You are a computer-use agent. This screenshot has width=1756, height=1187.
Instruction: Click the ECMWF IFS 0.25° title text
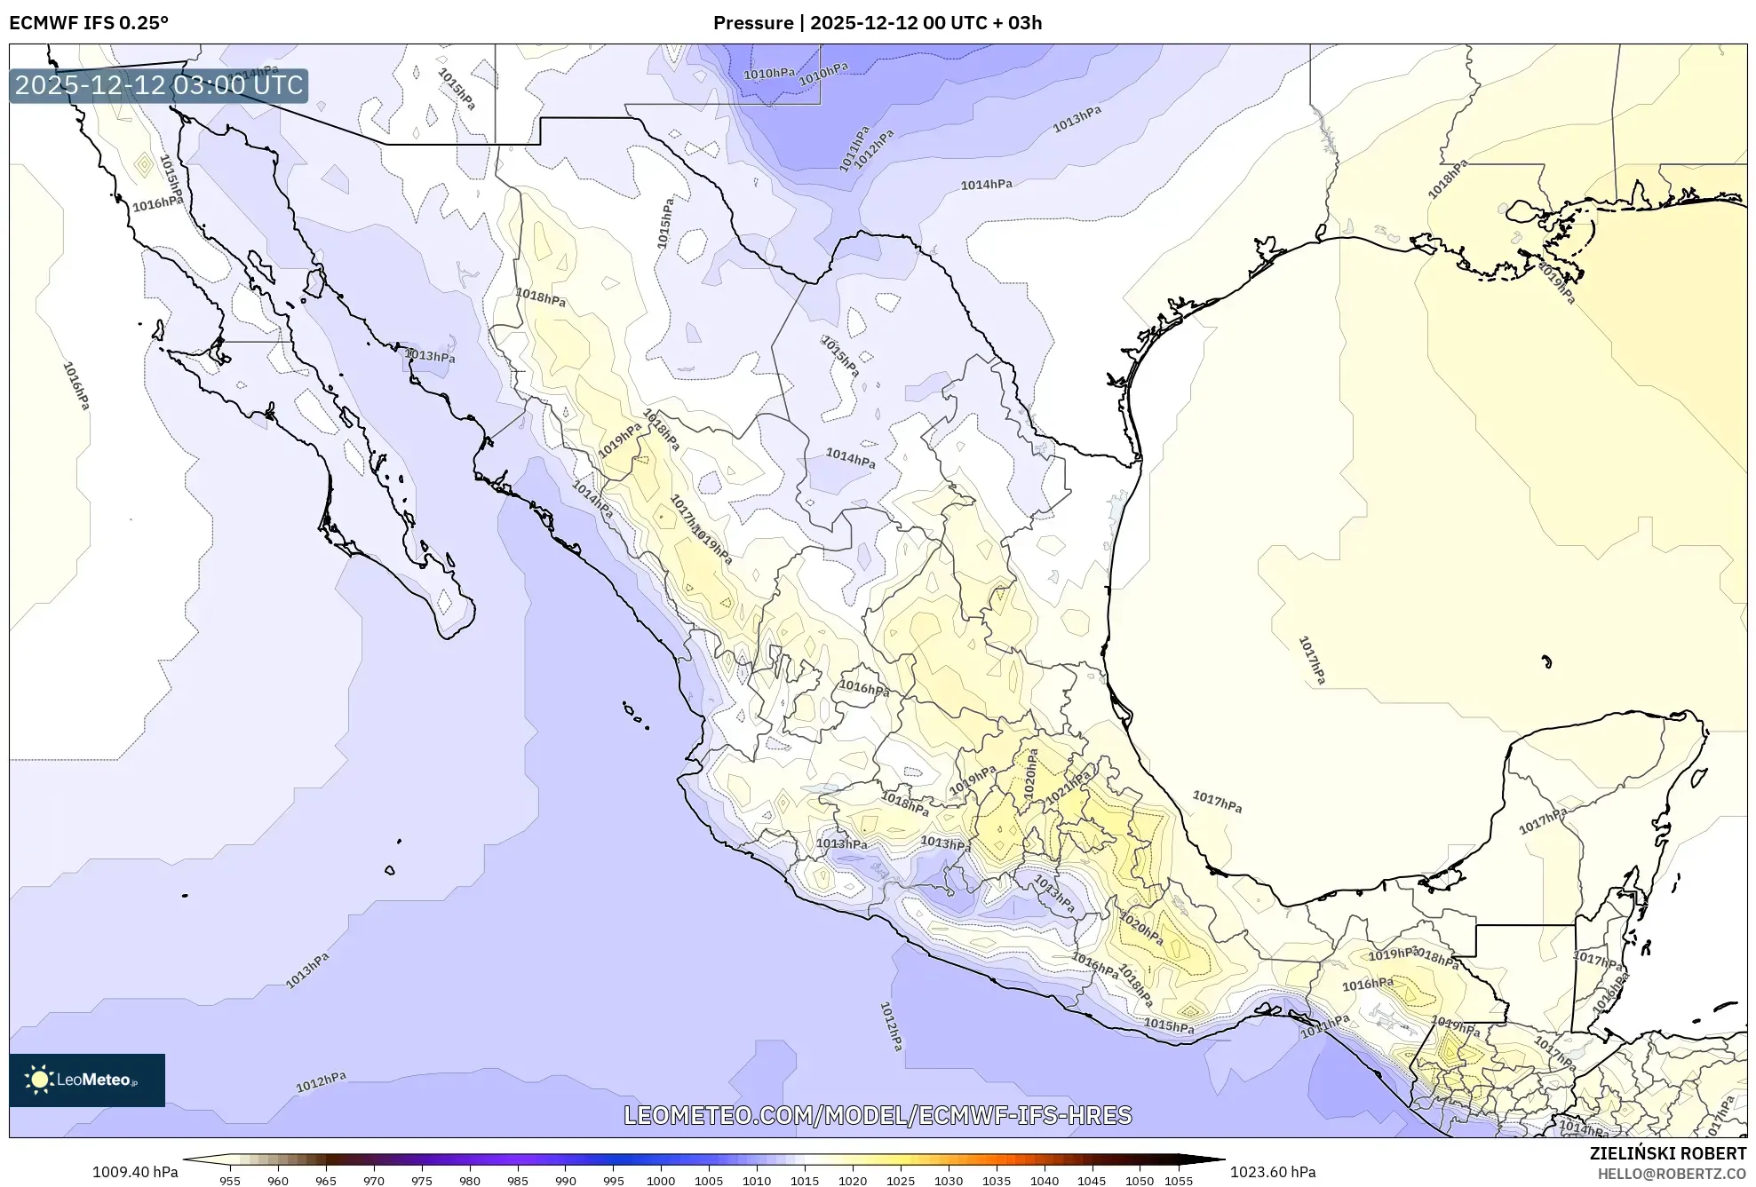pos(89,23)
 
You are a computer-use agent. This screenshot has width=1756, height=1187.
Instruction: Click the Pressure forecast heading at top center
pos(877,23)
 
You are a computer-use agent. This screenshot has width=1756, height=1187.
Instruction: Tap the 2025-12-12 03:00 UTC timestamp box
pos(159,86)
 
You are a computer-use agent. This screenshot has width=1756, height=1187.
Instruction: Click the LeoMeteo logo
pos(86,1080)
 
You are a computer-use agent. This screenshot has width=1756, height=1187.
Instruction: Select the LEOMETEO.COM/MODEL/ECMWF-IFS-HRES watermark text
pos(877,1115)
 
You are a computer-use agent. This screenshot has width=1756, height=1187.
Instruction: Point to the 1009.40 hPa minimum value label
pos(135,1172)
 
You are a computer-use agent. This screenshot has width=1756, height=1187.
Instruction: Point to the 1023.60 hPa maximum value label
pos(1272,1172)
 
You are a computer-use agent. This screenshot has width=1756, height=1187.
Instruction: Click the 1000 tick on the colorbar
pos(661,1181)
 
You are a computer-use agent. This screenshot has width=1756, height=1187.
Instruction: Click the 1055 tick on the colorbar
pos(1178,1181)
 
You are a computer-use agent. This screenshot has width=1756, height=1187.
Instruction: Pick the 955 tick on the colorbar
pos(230,1181)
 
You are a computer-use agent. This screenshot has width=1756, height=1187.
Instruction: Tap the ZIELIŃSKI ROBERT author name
pos(1667,1153)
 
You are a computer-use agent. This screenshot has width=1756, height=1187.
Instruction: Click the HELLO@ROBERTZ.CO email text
pos(1672,1174)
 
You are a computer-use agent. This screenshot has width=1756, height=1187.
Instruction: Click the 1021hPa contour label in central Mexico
pos(1068,788)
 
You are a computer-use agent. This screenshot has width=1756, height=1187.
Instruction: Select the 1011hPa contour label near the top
pos(854,148)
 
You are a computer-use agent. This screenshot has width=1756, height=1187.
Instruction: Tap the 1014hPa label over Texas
pos(986,185)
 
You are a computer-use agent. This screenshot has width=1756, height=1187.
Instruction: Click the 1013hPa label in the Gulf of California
pos(430,356)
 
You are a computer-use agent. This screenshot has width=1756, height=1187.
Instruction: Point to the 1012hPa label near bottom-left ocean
pos(321,1081)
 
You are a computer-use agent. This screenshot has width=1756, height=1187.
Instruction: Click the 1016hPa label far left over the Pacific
pos(76,385)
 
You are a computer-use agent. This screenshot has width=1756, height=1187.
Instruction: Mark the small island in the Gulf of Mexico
pos(1546,661)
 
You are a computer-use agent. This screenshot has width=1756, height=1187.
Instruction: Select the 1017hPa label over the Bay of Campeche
pos(1217,803)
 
